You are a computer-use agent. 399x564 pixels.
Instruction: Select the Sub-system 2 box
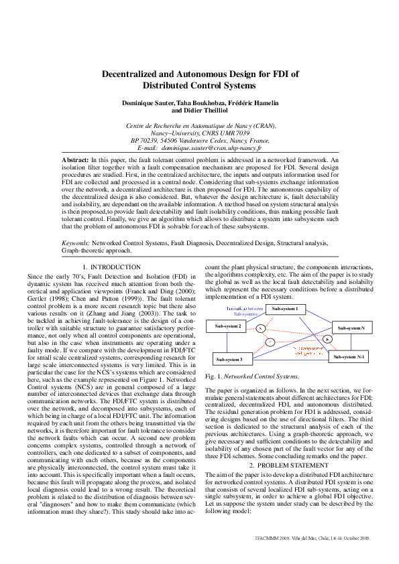click(228, 326)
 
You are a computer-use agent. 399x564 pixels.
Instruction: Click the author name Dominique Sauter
click(148, 102)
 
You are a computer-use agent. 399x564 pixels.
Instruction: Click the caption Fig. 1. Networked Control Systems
click(247, 377)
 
